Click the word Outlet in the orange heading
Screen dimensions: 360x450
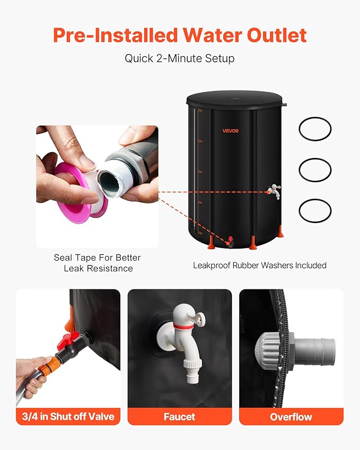pos(277,36)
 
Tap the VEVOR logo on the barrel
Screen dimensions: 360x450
pos(231,131)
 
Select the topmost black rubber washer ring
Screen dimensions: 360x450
pos(315,118)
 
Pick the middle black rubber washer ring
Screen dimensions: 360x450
pos(315,158)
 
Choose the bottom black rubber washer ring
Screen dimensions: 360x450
pos(315,200)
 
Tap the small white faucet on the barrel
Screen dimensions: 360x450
pos(274,191)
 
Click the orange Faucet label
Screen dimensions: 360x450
pos(179,417)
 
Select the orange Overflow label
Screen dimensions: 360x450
pos(291,417)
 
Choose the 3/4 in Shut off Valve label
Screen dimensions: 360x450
pos(68,417)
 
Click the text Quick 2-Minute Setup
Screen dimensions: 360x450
pos(179,58)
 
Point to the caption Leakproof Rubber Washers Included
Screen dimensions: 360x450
pos(259,266)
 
